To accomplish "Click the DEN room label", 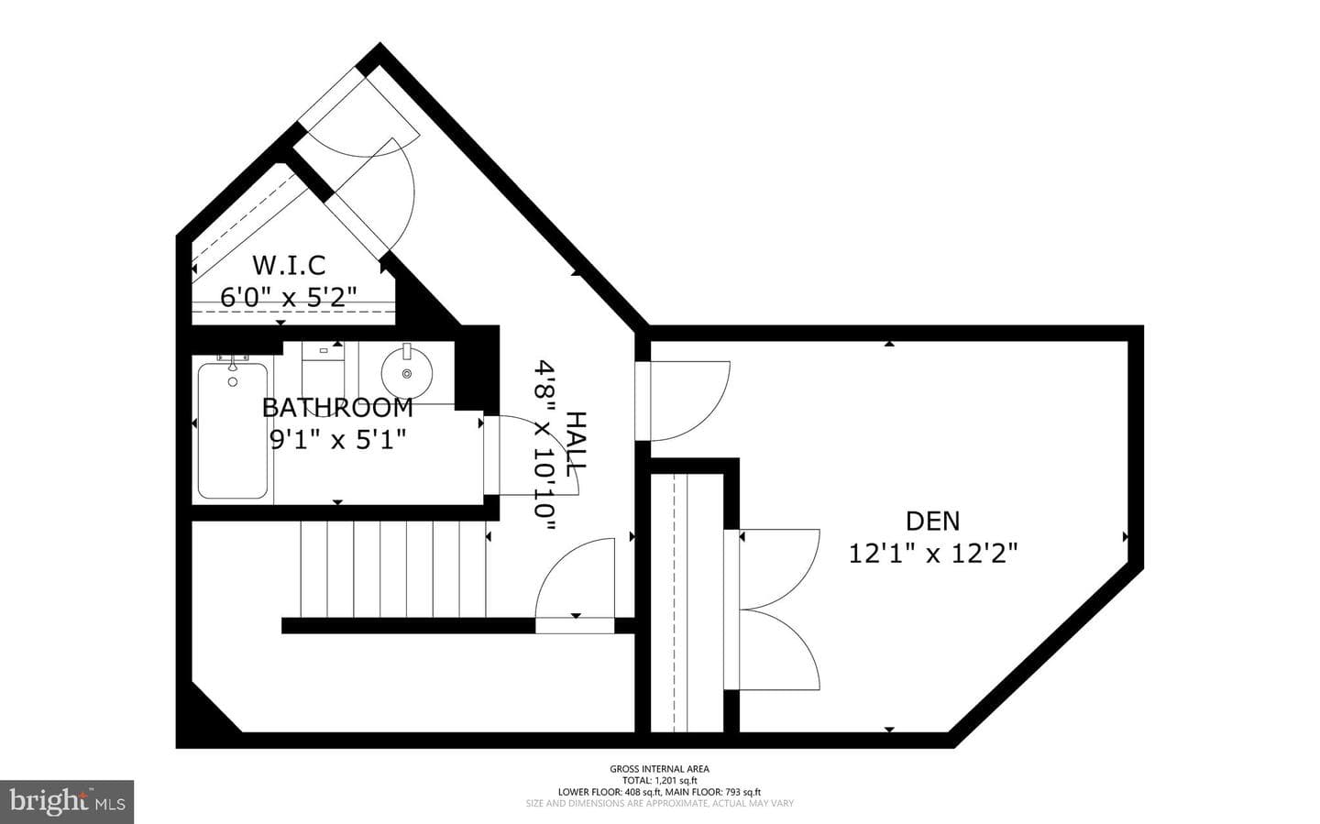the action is pos(933,521).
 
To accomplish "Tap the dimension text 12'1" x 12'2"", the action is pos(933,554).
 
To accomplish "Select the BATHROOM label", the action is pos(337,408).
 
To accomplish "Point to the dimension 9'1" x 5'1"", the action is pos(337,439).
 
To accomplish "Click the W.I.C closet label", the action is pos(289,265).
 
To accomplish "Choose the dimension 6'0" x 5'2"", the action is pos(289,297).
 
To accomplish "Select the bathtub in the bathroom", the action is pos(233,430).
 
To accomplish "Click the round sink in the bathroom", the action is pos(407,373).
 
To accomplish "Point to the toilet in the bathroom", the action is pos(323,372).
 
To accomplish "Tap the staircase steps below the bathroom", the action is pos(393,569).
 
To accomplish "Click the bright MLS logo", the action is pos(67,802).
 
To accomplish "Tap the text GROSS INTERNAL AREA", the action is pos(659,769).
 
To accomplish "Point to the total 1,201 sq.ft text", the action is pos(659,780).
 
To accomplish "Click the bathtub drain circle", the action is pos(233,382).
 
